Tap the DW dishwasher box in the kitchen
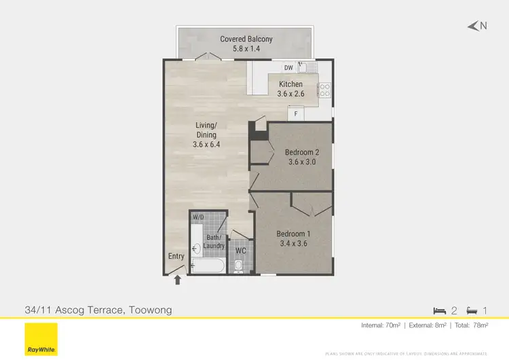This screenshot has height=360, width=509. click(x=288, y=67)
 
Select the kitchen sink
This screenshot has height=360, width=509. click(x=311, y=67)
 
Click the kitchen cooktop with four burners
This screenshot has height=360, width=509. click(x=324, y=89)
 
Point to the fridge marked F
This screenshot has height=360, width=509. click(x=296, y=114)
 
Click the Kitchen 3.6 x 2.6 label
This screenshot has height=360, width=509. click(x=290, y=89)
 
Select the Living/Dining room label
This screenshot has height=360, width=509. click(x=206, y=134)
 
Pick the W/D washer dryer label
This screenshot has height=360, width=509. click(x=198, y=217)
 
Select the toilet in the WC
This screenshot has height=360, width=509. click(x=239, y=266)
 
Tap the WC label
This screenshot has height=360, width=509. click(x=240, y=250)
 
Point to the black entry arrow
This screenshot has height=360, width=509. click(x=178, y=278)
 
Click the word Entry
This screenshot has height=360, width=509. click(x=176, y=257)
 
